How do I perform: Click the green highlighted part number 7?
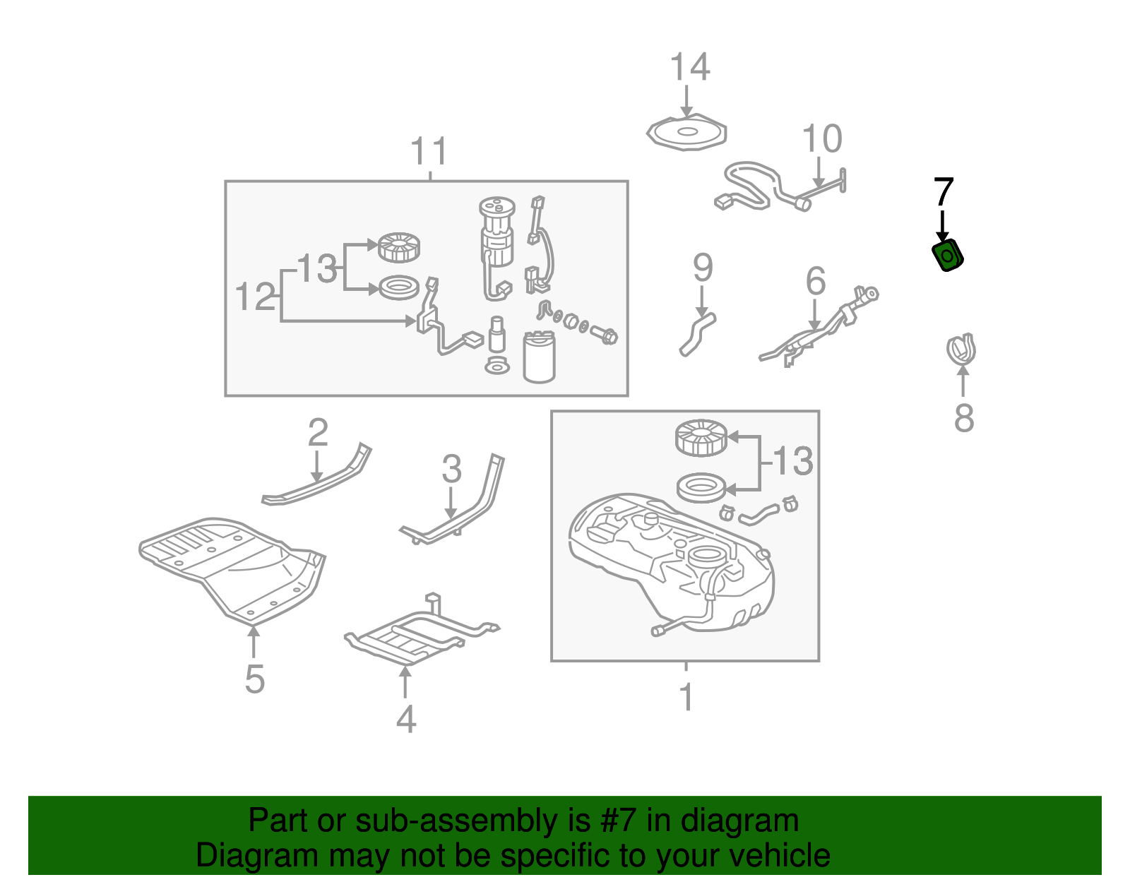(x=948, y=255)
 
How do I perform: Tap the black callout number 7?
(x=944, y=192)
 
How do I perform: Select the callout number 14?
(x=689, y=68)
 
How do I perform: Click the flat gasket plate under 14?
(x=687, y=133)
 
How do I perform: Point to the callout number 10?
(x=822, y=139)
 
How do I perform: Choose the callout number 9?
(x=702, y=268)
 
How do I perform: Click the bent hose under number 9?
(x=697, y=333)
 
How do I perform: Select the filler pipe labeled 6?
(x=819, y=329)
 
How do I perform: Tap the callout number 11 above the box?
(x=429, y=152)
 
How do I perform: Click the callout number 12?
(x=254, y=297)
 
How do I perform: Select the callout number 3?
(x=451, y=470)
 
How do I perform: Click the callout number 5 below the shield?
(x=254, y=679)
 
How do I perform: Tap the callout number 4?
(x=405, y=720)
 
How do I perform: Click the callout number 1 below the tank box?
(x=686, y=697)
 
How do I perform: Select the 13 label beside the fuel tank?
(x=792, y=462)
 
